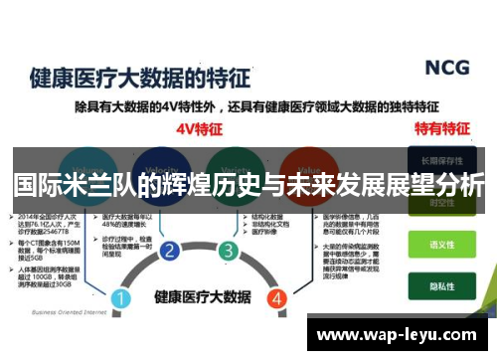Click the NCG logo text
point(446,68)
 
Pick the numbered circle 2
point(170,251)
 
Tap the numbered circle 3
point(229,251)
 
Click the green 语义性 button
point(440,244)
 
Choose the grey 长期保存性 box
point(440,159)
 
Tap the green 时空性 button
point(440,204)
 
